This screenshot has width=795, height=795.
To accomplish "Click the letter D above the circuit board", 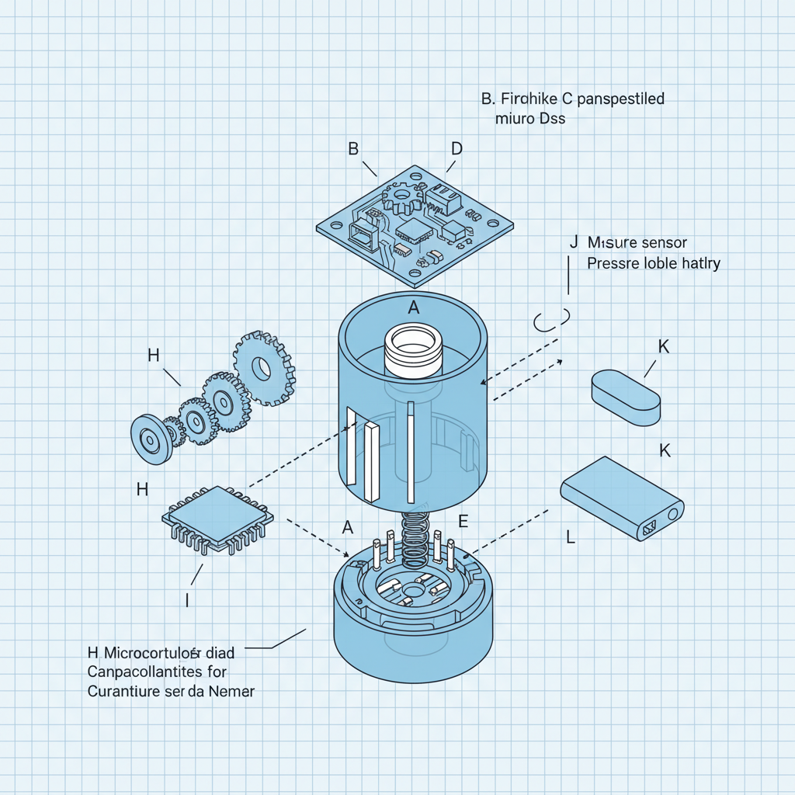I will coord(457,148).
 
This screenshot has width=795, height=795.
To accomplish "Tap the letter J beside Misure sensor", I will coord(574,242).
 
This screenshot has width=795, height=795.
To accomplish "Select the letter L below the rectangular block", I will coord(571,536).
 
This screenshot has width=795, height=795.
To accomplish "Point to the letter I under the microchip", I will coord(187,599).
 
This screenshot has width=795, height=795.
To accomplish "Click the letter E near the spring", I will coord(463,521).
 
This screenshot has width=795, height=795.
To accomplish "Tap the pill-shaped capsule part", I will coord(626,397).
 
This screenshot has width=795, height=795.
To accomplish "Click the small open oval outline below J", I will coord(552,320).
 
